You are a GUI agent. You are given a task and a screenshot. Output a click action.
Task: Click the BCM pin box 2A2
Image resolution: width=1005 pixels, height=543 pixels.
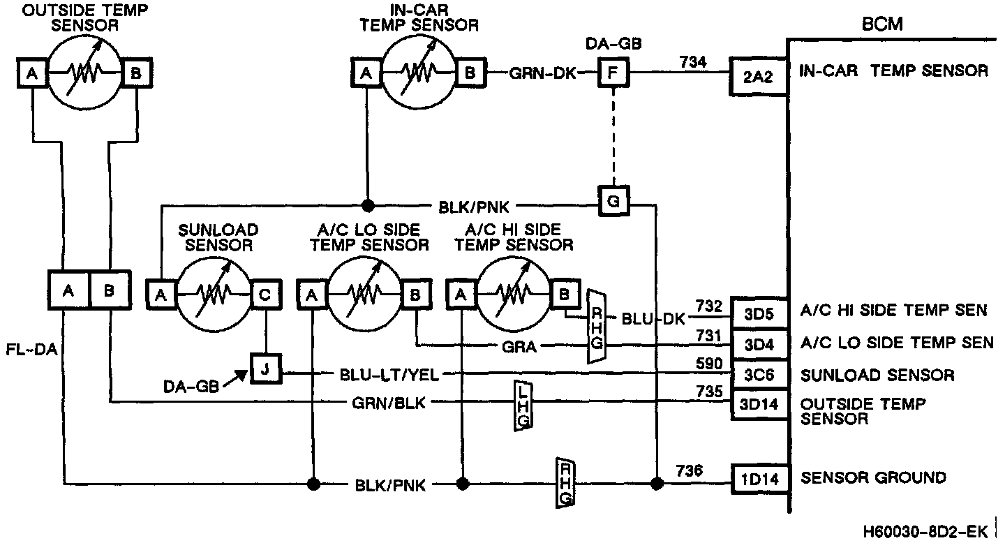pyautogui.click(x=758, y=72)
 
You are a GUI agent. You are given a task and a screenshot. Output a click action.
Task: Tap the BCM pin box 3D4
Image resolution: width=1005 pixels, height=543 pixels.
pyautogui.click(x=758, y=343)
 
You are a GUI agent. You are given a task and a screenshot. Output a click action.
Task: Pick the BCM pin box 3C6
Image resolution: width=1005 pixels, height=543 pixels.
pyautogui.click(x=758, y=375)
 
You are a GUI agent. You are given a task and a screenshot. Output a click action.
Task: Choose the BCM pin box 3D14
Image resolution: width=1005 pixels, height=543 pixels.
pyautogui.click(x=758, y=404)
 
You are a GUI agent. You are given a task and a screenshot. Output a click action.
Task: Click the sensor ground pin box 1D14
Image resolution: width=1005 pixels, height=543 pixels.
pyautogui.click(x=759, y=478)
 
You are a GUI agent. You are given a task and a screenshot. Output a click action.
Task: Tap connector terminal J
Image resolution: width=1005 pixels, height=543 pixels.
pyautogui.click(x=265, y=369)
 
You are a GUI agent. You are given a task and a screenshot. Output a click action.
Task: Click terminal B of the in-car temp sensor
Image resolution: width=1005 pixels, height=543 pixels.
pyautogui.click(x=470, y=72)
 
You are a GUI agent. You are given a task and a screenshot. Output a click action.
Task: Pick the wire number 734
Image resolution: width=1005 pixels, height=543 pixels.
pyautogui.click(x=693, y=62)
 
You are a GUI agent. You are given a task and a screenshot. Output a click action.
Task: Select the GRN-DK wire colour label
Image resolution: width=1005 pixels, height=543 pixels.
pyautogui.click(x=542, y=73)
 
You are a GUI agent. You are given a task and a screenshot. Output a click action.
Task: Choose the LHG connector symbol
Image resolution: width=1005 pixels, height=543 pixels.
pyautogui.click(x=523, y=406)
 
